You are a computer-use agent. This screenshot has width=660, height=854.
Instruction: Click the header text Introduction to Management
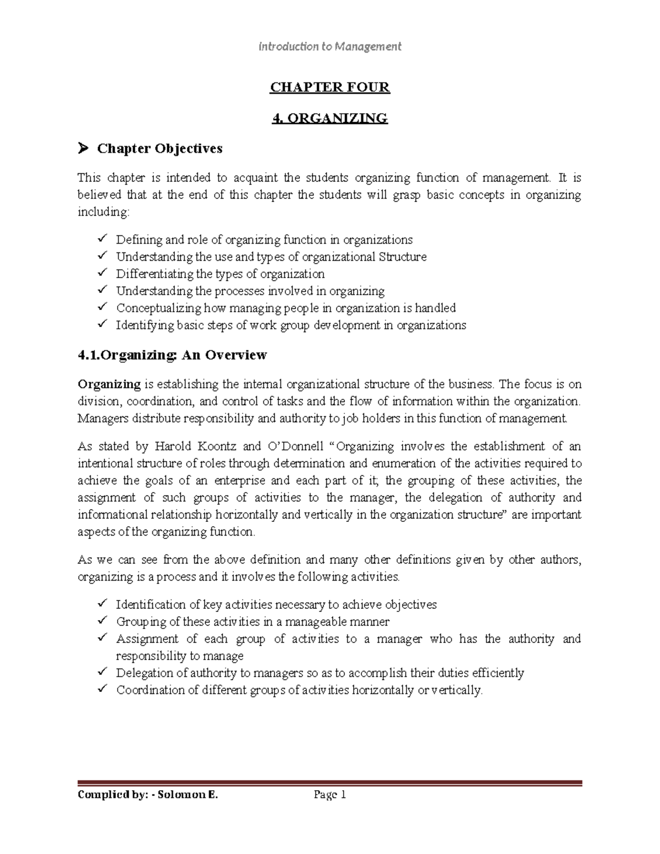pos(330,47)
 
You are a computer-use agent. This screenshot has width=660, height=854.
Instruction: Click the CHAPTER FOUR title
pos(329,87)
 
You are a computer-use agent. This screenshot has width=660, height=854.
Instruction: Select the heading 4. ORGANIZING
pos(330,118)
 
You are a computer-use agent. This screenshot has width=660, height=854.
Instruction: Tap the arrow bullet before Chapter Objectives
pos(83,148)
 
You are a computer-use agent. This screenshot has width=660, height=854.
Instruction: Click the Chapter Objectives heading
pos(159,148)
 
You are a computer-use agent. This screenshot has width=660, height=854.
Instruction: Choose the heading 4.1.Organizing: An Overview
pos(172,355)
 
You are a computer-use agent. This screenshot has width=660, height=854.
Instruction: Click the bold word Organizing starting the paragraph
pos(109,384)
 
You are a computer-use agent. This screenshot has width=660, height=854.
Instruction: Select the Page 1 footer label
pos(329,795)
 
